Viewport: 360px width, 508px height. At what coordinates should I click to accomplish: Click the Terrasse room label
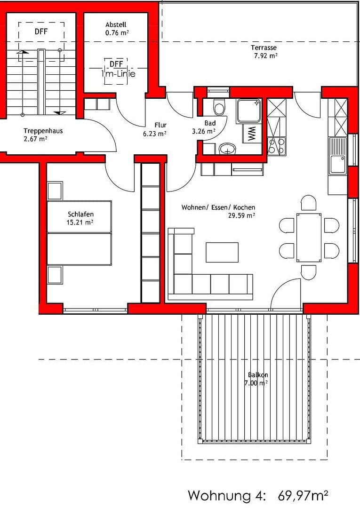tap(264, 48)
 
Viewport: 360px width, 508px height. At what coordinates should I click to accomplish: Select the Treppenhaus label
tap(43, 131)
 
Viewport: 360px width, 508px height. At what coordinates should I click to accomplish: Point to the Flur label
tap(160, 125)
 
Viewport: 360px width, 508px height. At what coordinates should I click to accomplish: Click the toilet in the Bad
tap(219, 108)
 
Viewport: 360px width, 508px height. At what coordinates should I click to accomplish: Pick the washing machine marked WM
tap(252, 134)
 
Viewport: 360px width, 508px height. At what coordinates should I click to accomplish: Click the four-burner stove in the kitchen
tap(277, 146)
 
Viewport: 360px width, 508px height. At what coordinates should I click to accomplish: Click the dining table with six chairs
tap(309, 238)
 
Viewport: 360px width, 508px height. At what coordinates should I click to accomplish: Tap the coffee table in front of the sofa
tap(222, 252)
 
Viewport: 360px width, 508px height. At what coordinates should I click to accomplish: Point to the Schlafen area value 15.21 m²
tap(80, 222)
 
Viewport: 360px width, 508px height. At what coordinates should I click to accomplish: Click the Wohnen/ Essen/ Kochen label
tap(218, 207)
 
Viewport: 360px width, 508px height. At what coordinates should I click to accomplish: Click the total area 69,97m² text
tap(303, 495)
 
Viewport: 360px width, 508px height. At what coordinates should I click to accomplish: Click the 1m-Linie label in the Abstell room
tap(118, 74)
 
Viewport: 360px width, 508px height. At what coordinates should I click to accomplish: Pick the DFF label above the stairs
tap(41, 32)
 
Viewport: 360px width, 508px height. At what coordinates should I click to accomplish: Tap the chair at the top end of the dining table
tap(309, 203)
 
